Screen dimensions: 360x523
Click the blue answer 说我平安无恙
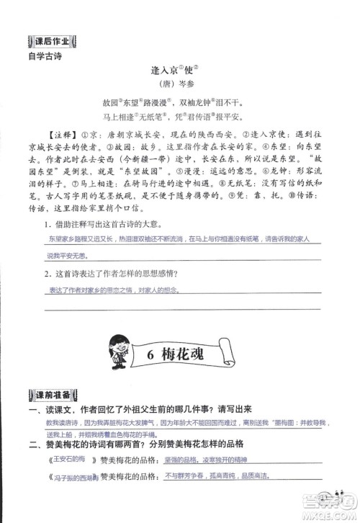pyautogui.click(x=67, y=256)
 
